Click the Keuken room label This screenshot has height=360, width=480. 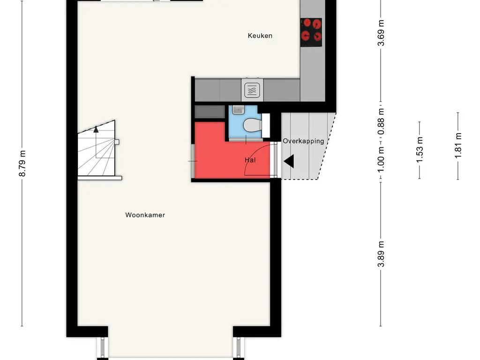pos(260,36)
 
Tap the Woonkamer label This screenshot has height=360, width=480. pos(145,215)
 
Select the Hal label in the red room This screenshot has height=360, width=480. pos(250,160)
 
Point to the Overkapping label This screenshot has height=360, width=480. pos(303,141)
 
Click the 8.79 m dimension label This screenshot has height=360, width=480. pos(22,164)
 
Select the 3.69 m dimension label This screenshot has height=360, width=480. pos(381,33)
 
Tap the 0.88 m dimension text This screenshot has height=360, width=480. pos(381,121)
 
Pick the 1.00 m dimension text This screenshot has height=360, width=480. pos(381,159)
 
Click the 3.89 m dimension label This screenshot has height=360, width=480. pos(381,254)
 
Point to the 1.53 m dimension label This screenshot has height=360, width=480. pos(420,150)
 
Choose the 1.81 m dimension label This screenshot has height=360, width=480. pos(458,146)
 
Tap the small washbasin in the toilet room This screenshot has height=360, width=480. pos(238,110)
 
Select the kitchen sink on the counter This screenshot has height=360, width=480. pos(252,90)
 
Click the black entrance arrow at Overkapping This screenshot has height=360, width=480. pos(289,161)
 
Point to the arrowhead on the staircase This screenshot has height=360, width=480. pos(96,129)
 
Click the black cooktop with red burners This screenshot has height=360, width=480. pos(311,32)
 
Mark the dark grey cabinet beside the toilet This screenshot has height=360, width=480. pos(210,112)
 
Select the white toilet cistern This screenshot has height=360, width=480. pos(266,126)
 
